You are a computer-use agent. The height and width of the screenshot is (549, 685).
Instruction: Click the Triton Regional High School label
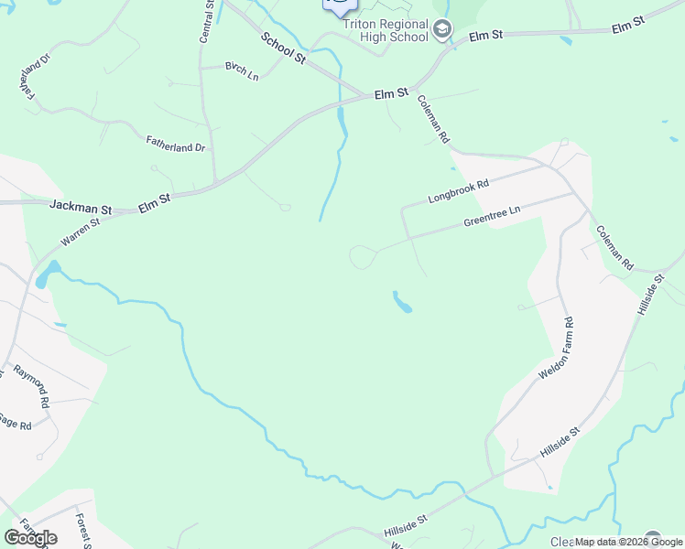(386, 31)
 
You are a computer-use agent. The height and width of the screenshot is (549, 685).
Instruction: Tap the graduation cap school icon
(443, 30)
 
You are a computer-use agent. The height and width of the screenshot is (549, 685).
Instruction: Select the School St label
(283, 48)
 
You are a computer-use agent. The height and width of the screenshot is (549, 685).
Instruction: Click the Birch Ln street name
(242, 71)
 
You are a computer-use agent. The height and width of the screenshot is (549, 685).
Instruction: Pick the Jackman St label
(81, 208)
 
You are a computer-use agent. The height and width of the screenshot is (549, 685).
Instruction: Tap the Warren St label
(80, 231)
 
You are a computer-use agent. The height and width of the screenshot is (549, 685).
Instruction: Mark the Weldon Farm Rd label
(556, 348)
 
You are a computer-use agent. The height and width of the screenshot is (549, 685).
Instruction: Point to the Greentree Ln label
(492, 216)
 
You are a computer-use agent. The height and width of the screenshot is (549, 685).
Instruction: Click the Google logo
(30, 538)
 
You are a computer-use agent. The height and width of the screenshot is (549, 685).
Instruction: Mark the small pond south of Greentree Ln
(401, 302)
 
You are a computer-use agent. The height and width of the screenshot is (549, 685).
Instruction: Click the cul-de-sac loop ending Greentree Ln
(363, 257)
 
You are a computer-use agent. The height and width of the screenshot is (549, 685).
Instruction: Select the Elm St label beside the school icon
(486, 36)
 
